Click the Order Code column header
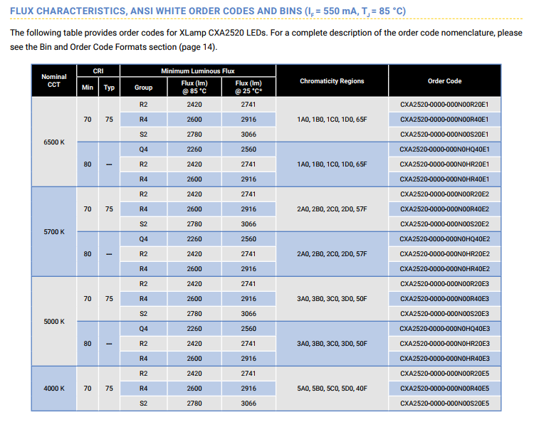(444, 81)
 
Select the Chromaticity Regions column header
(332, 81)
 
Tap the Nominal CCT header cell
(54, 80)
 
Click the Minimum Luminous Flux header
(197, 71)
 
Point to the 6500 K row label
(54, 142)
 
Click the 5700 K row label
(54, 231)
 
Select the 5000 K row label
(54, 322)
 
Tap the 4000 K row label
(54, 388)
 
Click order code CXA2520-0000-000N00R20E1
(444, 105)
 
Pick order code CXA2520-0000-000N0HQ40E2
(444, 239)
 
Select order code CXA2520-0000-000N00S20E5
(444, 404)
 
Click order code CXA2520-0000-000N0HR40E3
(444, 359)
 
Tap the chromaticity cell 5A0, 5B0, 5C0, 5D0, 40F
(332, 388)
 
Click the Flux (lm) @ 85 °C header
(194, 87)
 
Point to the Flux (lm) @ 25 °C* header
(248, 87)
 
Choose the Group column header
(143, 87)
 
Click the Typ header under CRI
(109, 87)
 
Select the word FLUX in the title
(22, 11)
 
